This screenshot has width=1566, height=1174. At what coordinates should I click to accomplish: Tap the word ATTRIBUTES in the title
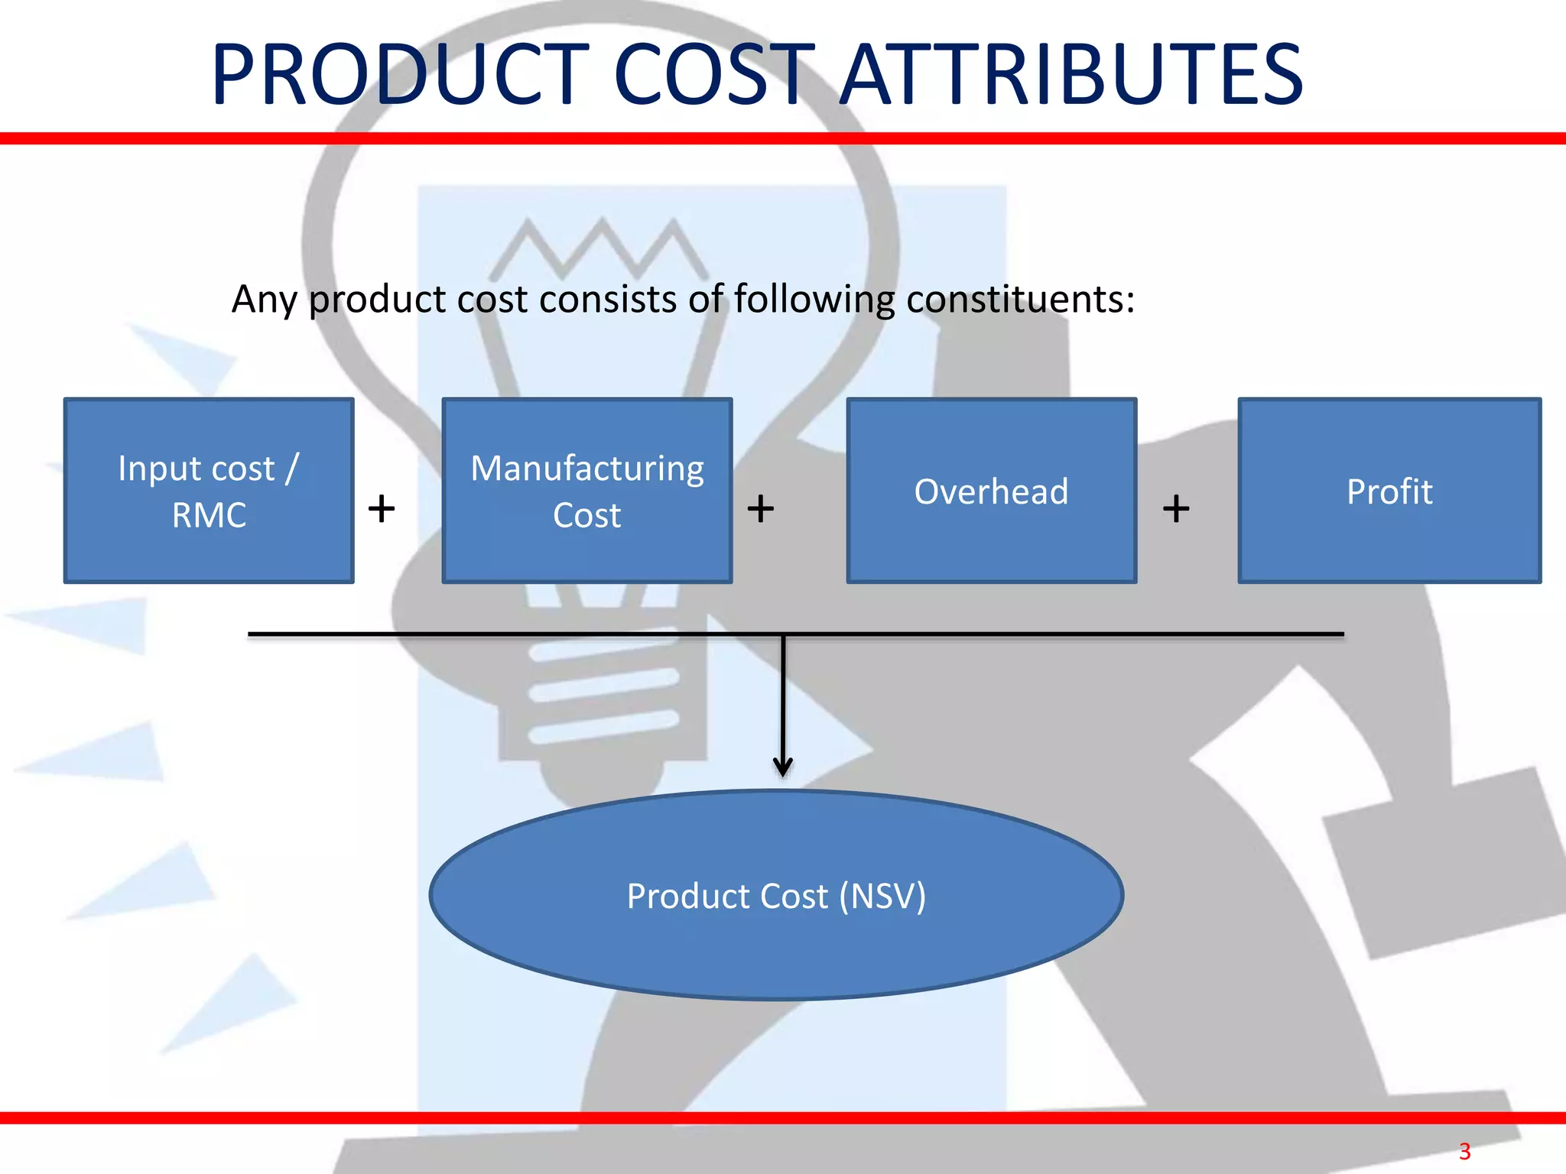(x=1071, y=75)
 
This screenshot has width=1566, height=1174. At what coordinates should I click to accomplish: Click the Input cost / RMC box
(x=209, y=491)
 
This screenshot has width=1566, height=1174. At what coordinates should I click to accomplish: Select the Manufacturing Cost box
(x=587, y=491)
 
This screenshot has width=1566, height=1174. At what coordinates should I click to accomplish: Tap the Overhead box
(x=992, y=491)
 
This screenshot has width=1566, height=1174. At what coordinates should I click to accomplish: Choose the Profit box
(x=1389, y=491)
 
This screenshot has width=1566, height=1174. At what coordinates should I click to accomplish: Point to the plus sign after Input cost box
(x=382, y=508)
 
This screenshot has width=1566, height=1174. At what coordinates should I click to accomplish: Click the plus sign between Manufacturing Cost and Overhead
(x=761, y=508)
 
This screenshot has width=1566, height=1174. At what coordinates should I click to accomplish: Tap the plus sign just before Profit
(x=1176, y=508)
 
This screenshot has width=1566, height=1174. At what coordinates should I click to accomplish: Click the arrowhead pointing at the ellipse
(x=782, y=766)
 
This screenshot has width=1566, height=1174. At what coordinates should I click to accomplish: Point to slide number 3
(x=1464, y=1151)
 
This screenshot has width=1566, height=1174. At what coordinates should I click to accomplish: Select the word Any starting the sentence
(x=264, y=299)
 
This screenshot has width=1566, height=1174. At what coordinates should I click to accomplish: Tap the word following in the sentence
(x=814, y=299)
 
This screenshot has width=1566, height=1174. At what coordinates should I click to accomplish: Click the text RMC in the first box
(x=209, y=515)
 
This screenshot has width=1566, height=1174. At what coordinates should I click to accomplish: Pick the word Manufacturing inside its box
(x=587, y=468)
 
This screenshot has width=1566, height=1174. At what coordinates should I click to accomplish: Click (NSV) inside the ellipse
(x=882, y=896)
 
